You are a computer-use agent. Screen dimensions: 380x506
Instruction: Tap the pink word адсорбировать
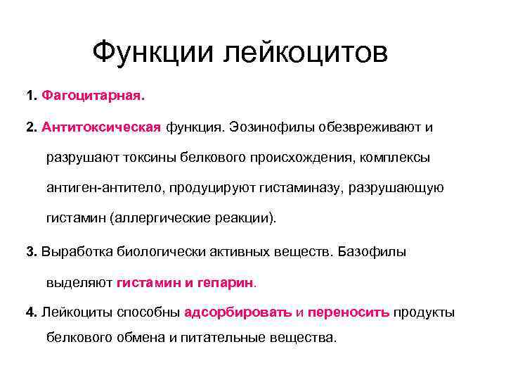click(x=237, y=312)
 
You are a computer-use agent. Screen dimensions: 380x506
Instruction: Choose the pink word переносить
click(x=348, y=312)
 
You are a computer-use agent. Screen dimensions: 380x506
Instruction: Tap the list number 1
click(x=30, y=94)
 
